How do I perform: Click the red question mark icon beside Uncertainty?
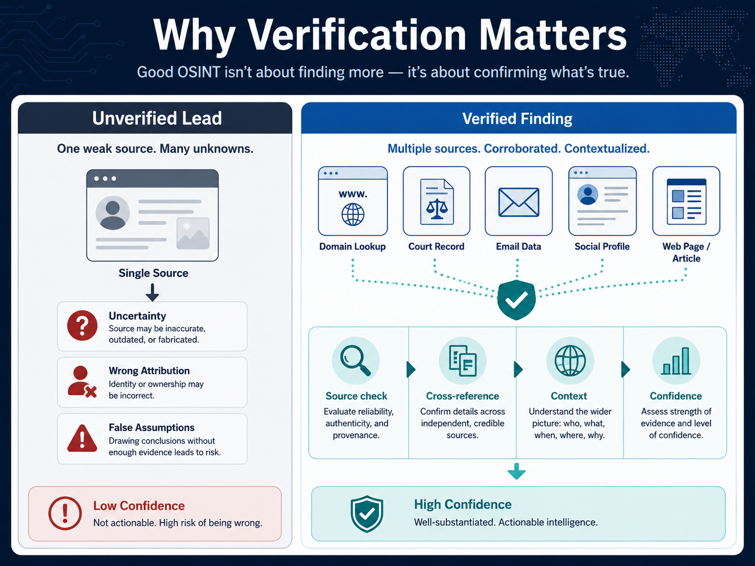(x=82, y=325)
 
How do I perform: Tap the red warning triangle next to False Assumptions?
(x=82, y=438)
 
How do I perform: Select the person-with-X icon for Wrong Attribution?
(x=82, y=382)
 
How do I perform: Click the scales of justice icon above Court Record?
(x=437, y=209)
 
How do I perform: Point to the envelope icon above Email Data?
(x=519, y=202)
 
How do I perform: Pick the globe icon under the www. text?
(x=353, y=214)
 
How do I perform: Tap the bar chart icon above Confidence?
(x=676, y=361)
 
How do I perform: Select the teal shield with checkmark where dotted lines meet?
(x=516, y=300)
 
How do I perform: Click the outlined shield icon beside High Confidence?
(x=367, y=514)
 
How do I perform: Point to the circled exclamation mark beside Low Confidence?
(x=65, y=513)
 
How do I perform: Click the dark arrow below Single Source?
(x=152, y=292)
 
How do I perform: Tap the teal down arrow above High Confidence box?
(x=517, y=471)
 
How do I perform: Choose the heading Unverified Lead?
(x=157, y=118)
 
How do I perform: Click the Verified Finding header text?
(x=517, y=118)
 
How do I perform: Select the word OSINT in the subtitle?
(x=199, y=72)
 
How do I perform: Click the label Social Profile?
(x=602, y=247)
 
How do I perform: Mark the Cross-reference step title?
(x=462, y=396)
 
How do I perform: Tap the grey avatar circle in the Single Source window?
(x=113, y=213)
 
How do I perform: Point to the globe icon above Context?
(x=570, y=361)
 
